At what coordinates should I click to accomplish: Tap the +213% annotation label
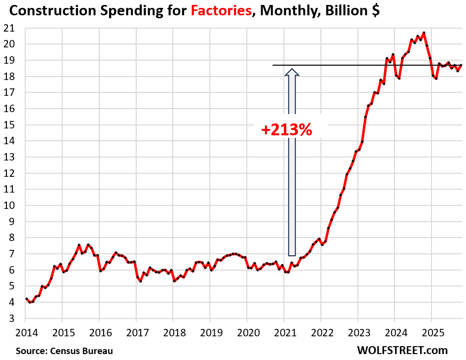tap(287, 130)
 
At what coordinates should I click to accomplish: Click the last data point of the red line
tap(461, 65)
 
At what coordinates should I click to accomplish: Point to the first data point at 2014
tap(26, 299)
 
